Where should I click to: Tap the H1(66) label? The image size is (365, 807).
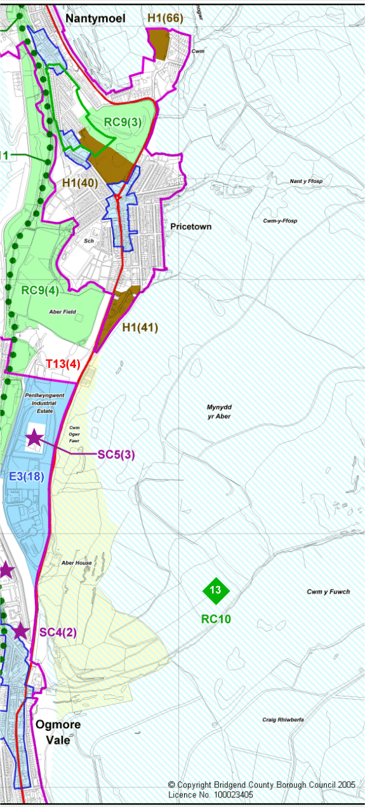point(165,18)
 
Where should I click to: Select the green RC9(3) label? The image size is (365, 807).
point(122,122)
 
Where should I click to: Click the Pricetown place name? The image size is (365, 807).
point(190,226)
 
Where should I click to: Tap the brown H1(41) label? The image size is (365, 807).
point(140,328)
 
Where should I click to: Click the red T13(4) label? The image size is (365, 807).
point(63,364)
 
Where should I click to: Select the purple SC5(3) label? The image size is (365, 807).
point(116,455)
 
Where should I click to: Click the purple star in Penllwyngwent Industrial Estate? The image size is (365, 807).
point(34,438)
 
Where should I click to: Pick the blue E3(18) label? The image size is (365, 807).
point(27,477)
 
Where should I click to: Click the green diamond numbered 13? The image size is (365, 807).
point(215,590)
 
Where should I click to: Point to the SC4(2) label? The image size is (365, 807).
point(58,632)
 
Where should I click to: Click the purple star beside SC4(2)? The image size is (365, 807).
point(20,631)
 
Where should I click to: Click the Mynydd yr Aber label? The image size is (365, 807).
point(218,411)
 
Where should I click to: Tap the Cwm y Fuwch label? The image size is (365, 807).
point(328,592)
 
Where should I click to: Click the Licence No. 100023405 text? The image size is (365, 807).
point(210,794)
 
